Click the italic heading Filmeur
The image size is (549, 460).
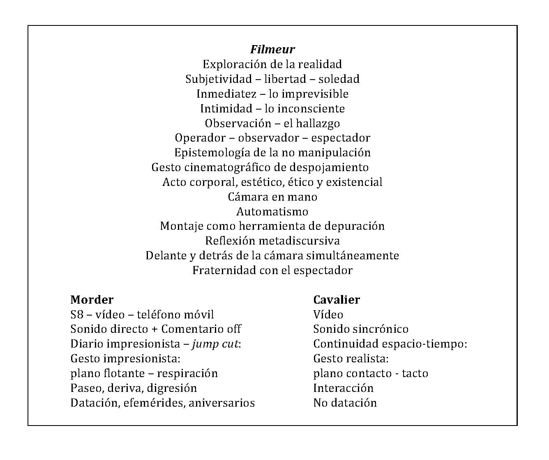(272, 49)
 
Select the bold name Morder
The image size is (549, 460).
(92, 300)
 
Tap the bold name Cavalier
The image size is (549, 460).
(336, 300)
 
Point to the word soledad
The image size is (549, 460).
(339, 79)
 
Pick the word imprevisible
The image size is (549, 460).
(314, 94)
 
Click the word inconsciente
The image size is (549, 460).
(311, 109)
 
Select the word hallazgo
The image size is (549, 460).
(318, 123)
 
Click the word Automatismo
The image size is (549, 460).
(272, 212)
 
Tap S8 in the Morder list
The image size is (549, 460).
(77, 315)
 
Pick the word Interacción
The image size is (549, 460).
(343, 388)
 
